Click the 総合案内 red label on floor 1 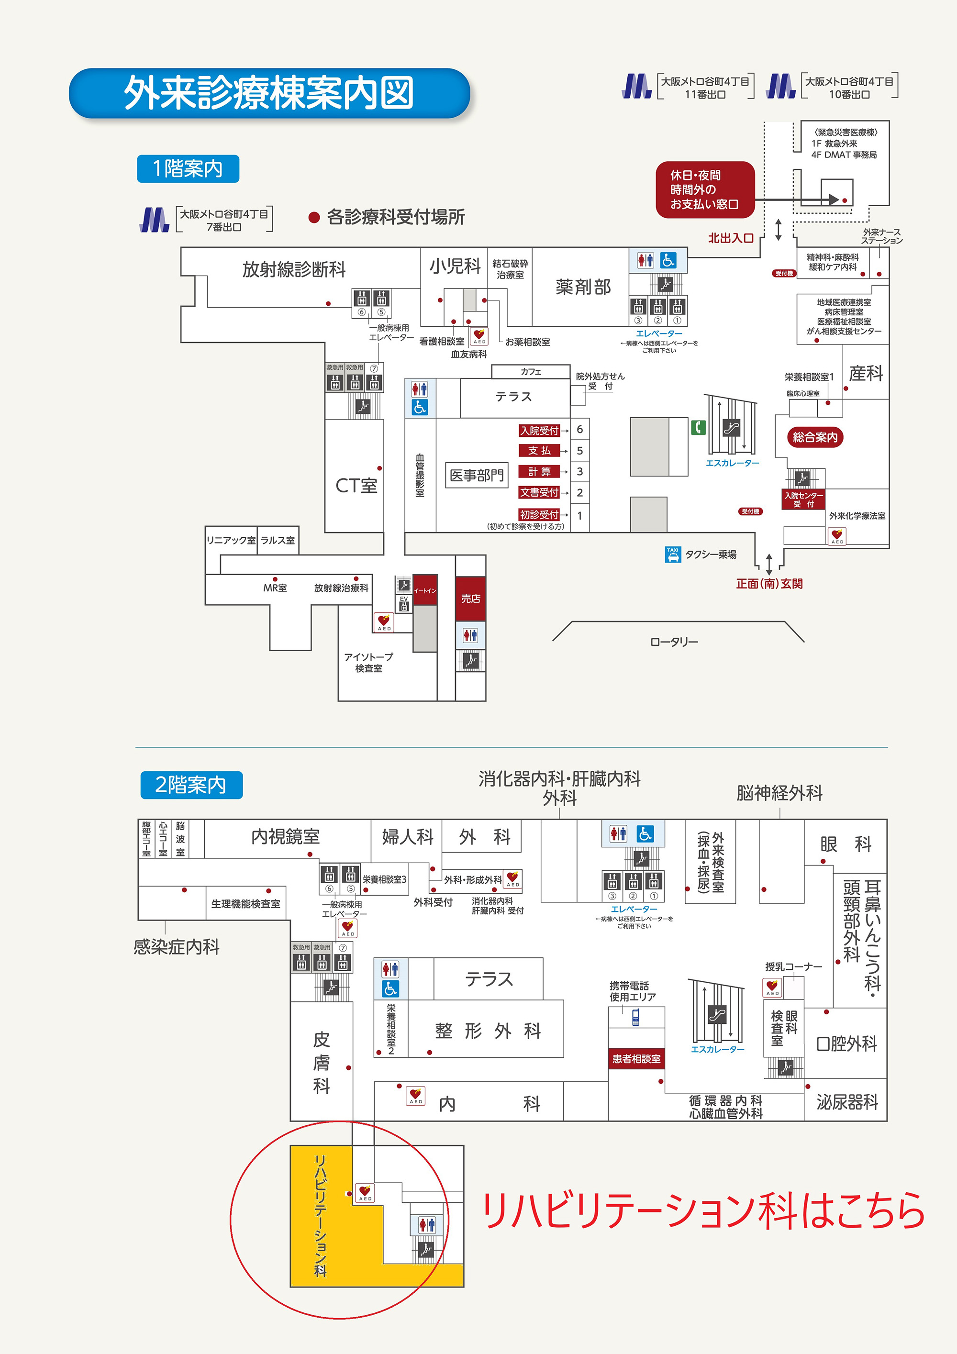point(814,437)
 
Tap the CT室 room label point(356,485)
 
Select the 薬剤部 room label point(582,287)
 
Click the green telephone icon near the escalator point(698,427)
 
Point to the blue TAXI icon point(672,555)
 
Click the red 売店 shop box point(470,598)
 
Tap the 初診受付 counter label point(539,514)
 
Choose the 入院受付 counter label point(539,431)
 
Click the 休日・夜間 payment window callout point(705,189)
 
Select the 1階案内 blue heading point(188,169)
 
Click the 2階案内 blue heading point(191,785)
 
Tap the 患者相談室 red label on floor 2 point(636,1058)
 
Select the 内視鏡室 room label point(285,836)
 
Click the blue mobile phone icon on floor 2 point(635,1017)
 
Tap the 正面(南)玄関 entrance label point(769,583)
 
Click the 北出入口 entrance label point(731,238)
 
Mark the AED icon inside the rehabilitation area point(365,1192)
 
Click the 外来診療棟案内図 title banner point(269,93)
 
